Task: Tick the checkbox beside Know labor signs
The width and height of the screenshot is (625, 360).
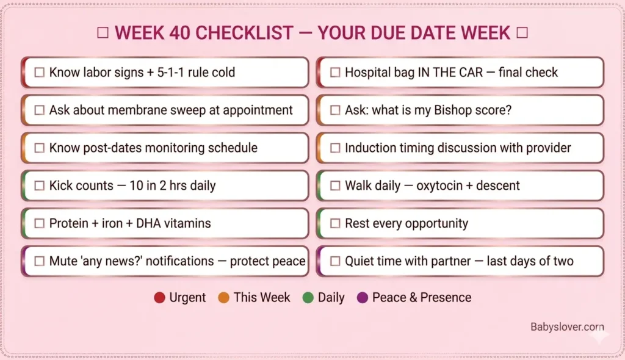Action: pyautogui.click(x=40, y=73)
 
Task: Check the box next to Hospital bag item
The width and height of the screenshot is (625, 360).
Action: pyautogui.click(x=335, y=73)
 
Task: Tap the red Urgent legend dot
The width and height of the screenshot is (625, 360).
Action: pyautogui.click(x=160, y=298)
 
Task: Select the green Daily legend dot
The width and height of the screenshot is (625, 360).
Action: pyautogui.click(x=308, y=298)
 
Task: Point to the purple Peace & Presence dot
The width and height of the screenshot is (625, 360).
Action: pyautogui.click(x=363, y=298)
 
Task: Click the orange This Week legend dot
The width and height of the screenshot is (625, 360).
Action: pyautogui.click(x=224, y=298)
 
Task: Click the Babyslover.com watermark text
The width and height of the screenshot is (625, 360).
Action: pyautogui.click(x=567, y=327)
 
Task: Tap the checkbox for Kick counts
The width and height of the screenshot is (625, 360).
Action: pyautogui.click(x=40, y=186)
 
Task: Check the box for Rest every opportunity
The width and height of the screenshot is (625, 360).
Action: pyautogui.click(x=335, y=223)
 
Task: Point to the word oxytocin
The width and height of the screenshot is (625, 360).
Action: pyautogui.click(x=440, y=185)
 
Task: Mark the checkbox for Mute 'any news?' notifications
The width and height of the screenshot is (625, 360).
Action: pyautogui.click(x=40, y=261)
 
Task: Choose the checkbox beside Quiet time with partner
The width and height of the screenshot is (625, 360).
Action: pyautogui.click(x=335, y=261)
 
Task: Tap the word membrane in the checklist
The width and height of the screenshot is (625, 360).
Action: pyautogui.click(x=129, y=110)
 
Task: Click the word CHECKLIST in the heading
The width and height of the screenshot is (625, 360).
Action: pyautogui.click(x=250, y=33)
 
